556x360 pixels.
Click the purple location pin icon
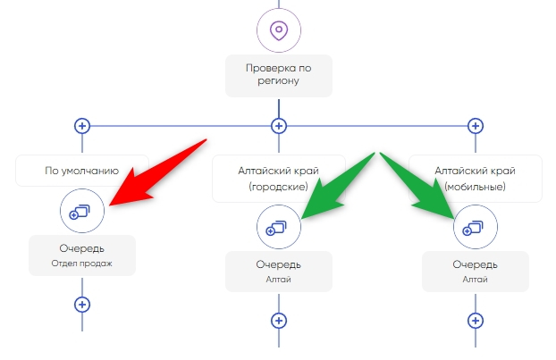(279, 30)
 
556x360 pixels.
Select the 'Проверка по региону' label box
(279, 75)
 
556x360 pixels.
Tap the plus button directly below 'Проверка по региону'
(279, 126)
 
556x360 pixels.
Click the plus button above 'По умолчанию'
(82, 126)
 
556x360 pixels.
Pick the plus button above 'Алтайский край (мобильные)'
(476, 126)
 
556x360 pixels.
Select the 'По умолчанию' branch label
(82, 171)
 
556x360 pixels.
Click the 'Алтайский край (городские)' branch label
(279, 179)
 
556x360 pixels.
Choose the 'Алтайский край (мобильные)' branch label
(476, 179)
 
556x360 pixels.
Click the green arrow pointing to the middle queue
(337, 186)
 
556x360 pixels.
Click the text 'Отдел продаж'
(82, 264)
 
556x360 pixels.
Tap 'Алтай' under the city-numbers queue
(279, 280)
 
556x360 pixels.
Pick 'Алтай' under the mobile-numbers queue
(476, 280)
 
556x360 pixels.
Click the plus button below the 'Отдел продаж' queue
(82, 305)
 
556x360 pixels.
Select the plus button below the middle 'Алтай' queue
(279, 321)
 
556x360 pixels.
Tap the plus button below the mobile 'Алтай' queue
(476, 321)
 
